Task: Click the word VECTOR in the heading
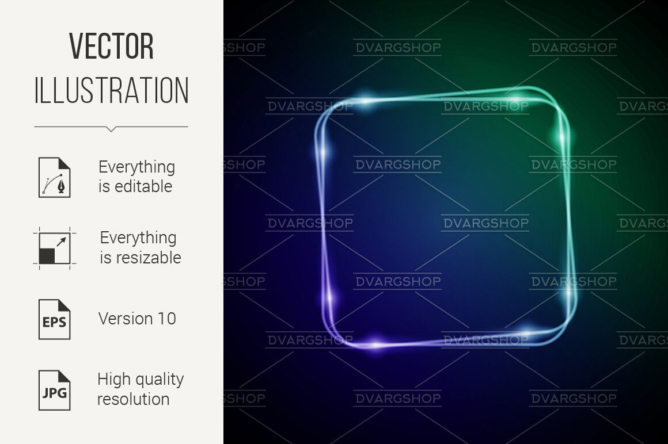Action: pyautogui.click(x=111, y=47)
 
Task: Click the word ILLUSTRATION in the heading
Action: pyautogui.click(x=111, y=90)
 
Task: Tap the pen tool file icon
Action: pyautogui.click(x=55, y=177)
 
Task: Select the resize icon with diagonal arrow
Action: pyautogui.click(x=55, y=248)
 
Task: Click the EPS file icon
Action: pyautogui.click(x=55, y=319)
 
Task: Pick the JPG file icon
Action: pyautogui.click(x=55, y=390)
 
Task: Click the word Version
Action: pyautogui.click(x=126, y=319)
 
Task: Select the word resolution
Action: pyautogui.click(x=134, y=399)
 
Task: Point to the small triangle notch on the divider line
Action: pyautogui.click(x=111, y=129)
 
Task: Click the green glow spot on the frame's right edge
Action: pyautogui.click(x=562, y=137)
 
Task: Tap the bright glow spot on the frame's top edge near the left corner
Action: pyautogui.click(x=366, y=101)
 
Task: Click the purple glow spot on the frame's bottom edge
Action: pyautogui.click(x=375, y=343)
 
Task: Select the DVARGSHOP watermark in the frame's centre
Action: pyautogui.click(x=485, y=223)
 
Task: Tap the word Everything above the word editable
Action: pyautogui.click(x=136, y=167)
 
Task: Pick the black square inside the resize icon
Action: pyautogui.click(x=47, y=257)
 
